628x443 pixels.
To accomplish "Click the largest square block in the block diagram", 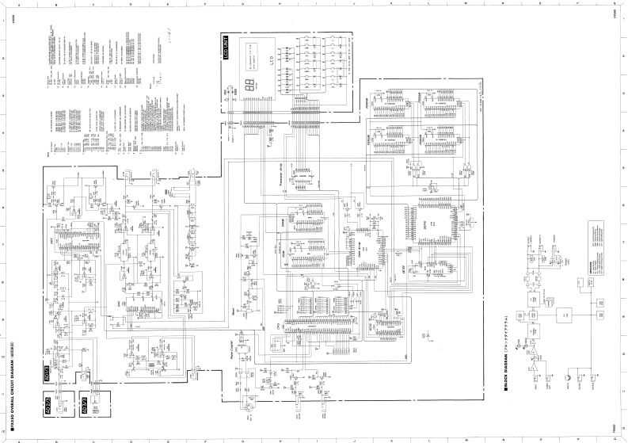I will click(x=564, y=315).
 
